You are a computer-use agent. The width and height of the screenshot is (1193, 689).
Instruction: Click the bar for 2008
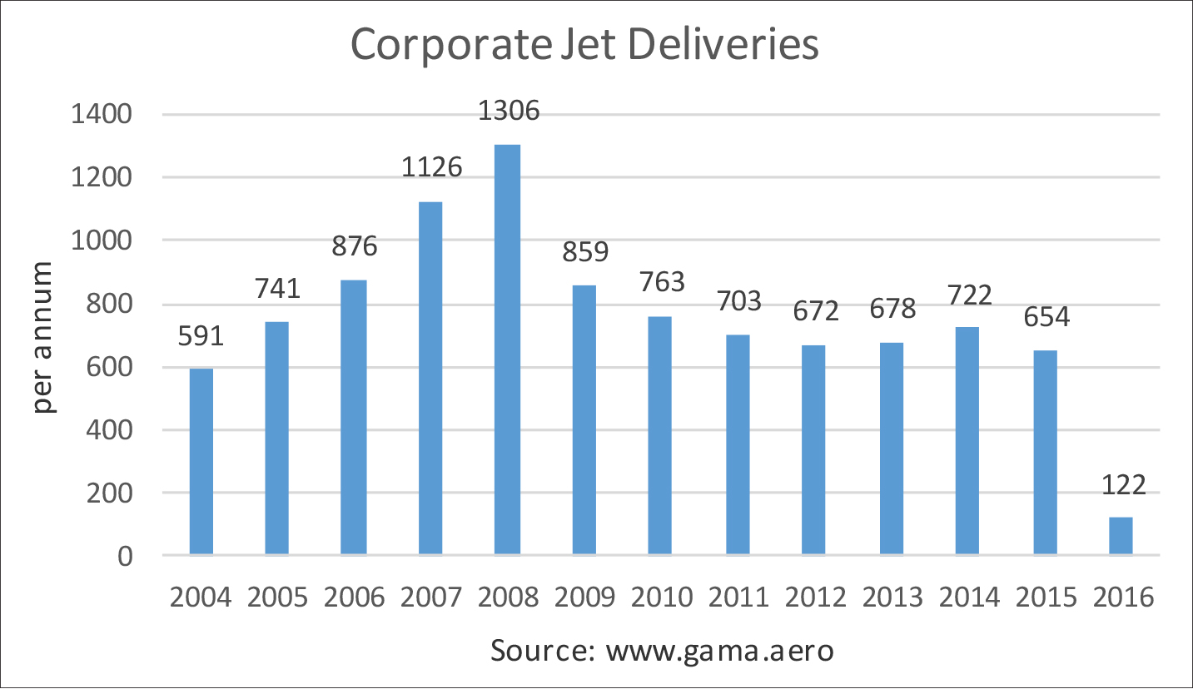tap(507, 349)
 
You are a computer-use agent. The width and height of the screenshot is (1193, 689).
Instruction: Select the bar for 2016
tap(1121, 536)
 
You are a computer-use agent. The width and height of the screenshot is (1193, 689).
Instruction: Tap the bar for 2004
tap(201, 462)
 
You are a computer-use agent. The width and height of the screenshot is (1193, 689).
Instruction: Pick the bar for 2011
tap(738, 444)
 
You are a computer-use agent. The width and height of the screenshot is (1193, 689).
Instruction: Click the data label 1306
tap(509, 110)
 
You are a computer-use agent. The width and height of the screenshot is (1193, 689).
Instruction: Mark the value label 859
tap(584, 251)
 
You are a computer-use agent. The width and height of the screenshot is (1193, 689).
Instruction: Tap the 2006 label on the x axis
tap(354, 597)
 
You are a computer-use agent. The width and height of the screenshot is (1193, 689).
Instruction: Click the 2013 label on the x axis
tap(892, 597)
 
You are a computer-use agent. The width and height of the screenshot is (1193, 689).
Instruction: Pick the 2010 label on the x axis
tap(661, 597)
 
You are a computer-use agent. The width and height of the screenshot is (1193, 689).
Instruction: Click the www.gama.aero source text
tap(719, 651)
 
